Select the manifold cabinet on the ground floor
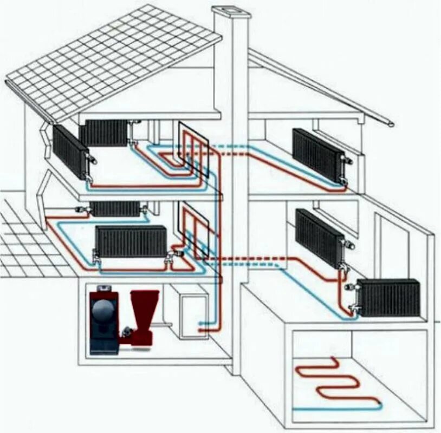coord(196,231)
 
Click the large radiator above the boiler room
coord(131,241)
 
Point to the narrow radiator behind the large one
coord(114,209)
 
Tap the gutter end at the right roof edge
coord(391,124)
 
